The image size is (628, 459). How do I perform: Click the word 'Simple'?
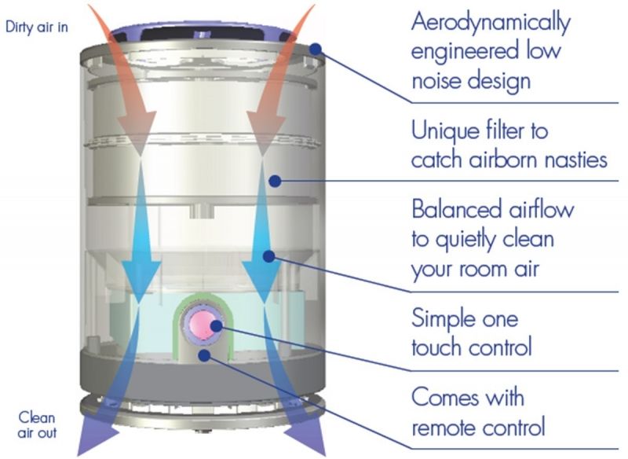[444, 318]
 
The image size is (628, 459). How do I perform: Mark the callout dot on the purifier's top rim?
[316, 49]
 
